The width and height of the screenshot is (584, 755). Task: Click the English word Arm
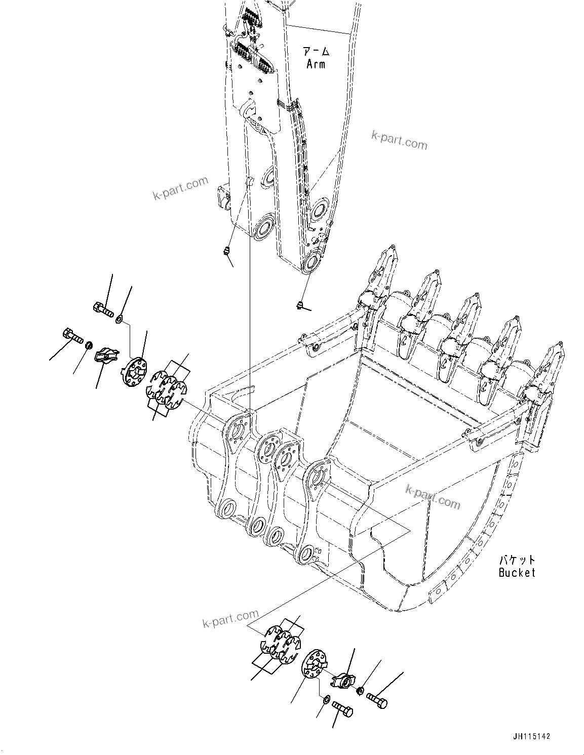pos(316,64)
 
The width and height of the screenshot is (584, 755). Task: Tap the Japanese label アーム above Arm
pos(317,51)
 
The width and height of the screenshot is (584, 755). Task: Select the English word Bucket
pos(517,573)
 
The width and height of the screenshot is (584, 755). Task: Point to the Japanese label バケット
pos(517,560)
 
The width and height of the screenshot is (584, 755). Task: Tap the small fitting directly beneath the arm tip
pos(300,304)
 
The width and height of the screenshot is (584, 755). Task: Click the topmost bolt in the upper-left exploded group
pos(103,308)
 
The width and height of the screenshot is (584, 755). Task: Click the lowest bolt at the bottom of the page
pos(342,710)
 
